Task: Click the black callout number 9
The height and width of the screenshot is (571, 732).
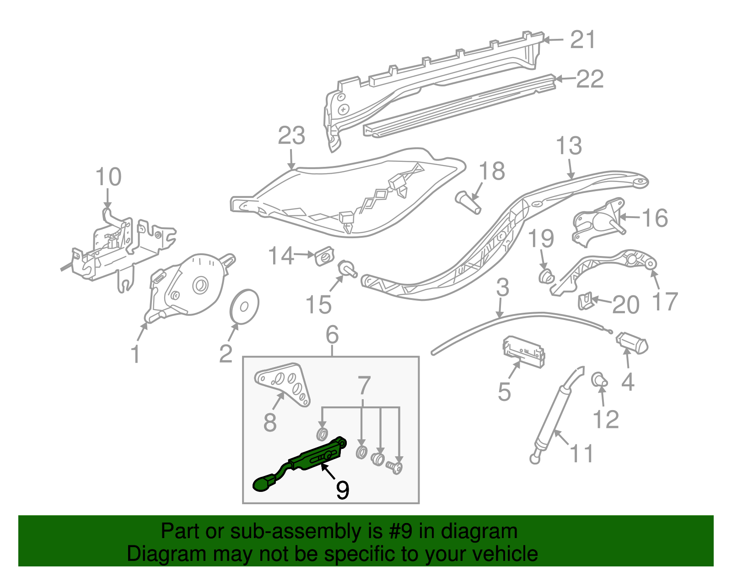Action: coord(342,490)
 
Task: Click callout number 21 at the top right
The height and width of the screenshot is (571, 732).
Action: coord(583,40)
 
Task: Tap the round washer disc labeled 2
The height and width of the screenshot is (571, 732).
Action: coord(243,305)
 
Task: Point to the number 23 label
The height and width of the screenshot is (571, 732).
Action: coord(291,136)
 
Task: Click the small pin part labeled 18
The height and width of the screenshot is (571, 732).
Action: coord(468,202)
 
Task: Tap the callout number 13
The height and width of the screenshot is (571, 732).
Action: coord(569,146)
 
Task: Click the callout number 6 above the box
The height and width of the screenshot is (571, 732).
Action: coord(332,335)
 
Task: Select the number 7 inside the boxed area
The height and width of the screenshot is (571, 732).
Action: coord(364,386)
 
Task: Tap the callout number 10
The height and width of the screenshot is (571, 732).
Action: coord(108,177)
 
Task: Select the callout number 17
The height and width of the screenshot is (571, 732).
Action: coord(664,302)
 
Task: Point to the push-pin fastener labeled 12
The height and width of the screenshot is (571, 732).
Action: coord(598,380)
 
